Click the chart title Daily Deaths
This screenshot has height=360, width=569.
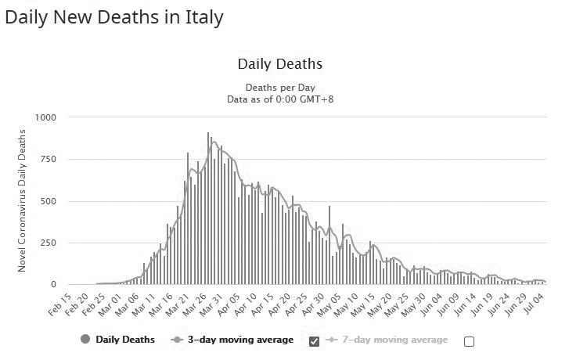point(279,64)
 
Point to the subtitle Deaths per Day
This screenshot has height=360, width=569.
point(280,87)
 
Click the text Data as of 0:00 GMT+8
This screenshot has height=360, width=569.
point(280,99)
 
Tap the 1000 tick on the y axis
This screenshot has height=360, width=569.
point(45,117)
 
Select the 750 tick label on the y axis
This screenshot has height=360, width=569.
point(49,160)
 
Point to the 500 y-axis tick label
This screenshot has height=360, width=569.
point(49,201)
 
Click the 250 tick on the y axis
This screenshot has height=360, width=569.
point(49,243)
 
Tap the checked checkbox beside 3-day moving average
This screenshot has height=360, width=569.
point(315,341)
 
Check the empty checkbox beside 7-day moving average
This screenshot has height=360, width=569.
point(469,341)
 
